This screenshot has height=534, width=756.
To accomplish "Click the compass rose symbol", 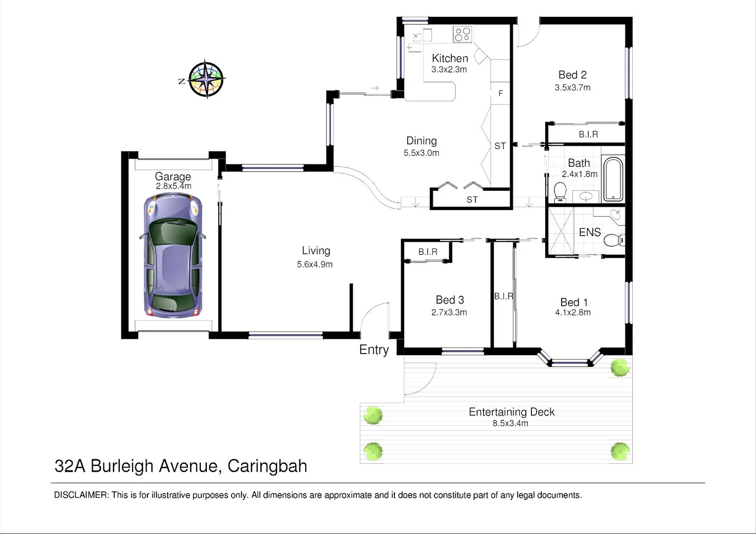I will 206,79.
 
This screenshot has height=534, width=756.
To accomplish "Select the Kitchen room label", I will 450,58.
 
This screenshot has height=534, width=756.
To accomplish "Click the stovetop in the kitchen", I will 463,34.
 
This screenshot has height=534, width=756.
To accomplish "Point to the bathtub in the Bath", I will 613,179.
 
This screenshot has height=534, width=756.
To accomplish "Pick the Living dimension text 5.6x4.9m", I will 315,265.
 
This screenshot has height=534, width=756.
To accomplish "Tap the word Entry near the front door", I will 374,350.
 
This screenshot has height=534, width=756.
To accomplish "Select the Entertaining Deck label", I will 512,412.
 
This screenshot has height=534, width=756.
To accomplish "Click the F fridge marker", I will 501,93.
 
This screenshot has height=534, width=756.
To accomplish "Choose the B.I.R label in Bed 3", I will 428,252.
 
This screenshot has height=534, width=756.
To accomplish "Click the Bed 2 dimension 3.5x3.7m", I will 572,88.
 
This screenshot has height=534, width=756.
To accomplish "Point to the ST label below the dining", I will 472,200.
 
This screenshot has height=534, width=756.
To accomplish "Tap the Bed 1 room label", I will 574,302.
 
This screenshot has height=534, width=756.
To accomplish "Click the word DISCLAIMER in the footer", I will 81,495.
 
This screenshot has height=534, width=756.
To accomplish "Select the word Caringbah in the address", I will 267,466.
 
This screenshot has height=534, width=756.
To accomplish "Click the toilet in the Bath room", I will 560,192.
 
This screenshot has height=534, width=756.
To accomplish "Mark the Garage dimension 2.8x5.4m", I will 173,186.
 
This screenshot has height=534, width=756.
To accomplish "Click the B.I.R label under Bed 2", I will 588,134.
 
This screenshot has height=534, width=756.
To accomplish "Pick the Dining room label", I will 422,141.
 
